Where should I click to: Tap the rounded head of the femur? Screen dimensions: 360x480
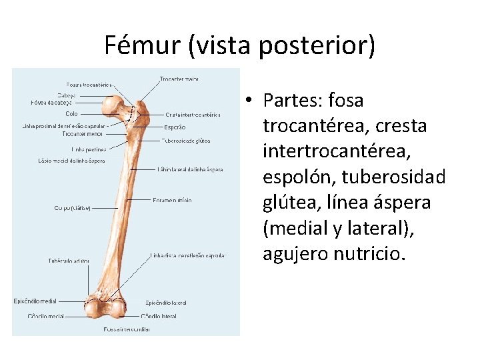118,105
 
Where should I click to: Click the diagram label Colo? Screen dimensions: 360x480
71,114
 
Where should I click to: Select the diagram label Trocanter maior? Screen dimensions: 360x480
179,79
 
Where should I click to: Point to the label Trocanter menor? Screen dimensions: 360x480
83,134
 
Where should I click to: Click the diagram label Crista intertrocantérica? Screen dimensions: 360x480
193,115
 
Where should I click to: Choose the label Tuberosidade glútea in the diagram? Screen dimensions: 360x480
186,141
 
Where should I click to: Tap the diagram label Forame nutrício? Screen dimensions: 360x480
172,199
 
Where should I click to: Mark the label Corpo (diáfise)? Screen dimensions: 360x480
72,208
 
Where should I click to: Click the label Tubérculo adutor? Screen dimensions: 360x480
69,261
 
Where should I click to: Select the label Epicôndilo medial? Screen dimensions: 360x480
35,301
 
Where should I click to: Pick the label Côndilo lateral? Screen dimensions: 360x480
159,316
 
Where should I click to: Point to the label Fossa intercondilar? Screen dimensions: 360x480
126,329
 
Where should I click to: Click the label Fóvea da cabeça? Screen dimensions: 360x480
51,103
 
